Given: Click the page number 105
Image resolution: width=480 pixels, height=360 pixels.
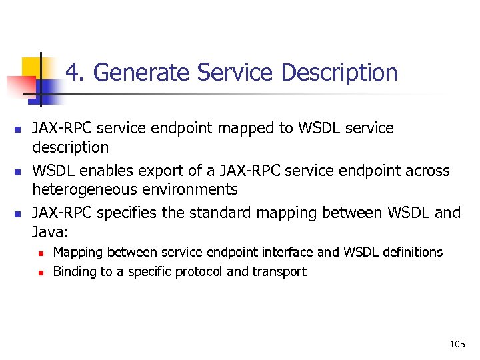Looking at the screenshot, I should (x=457, y=344).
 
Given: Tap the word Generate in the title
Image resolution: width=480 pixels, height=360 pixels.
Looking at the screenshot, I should (x=136, y=72).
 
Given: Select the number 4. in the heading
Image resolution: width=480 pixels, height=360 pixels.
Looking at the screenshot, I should (x=74, y=72).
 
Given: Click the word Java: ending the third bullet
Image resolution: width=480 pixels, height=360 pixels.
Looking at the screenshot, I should (x=51, y=231).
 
